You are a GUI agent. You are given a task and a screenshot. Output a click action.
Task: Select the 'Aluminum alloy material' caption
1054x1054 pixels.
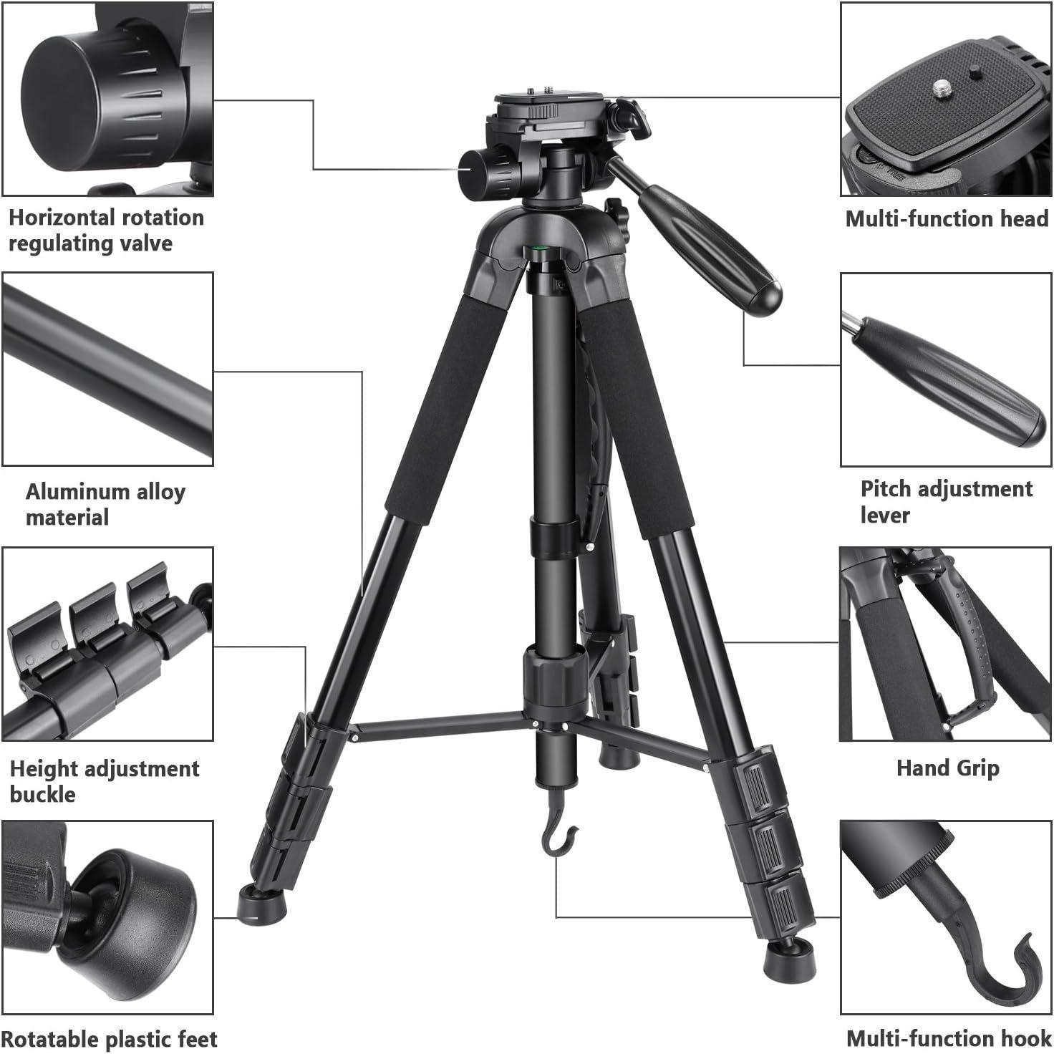(105, 504)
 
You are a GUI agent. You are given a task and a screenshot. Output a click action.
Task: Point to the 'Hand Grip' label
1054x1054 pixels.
(947, 768)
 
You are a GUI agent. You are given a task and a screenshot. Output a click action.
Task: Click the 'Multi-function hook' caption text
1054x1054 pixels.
(948, 1038)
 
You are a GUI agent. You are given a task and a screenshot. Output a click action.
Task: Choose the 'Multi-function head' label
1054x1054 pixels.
(947, 218)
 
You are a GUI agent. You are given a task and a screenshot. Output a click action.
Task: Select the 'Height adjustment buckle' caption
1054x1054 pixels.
(104, 781)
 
